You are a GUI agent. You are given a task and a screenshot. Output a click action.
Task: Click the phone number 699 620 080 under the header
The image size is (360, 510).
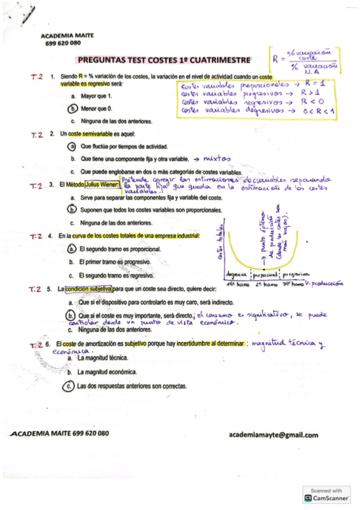[63, 43]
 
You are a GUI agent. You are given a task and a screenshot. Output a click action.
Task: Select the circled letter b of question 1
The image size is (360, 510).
[73, 108]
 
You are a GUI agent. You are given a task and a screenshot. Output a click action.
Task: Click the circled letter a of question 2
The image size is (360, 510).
[73, 146]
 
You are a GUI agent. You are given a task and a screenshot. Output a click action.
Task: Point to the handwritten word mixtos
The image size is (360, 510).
[217, 159]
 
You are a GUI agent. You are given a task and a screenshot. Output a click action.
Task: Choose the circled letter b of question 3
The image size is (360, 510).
[73, 209]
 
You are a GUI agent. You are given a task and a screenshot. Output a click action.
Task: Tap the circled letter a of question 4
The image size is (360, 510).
[73, 248]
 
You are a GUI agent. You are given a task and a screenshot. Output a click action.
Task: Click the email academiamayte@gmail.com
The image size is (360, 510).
[273, 435]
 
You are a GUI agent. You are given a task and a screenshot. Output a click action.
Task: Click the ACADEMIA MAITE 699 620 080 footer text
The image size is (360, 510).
[59, 434]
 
